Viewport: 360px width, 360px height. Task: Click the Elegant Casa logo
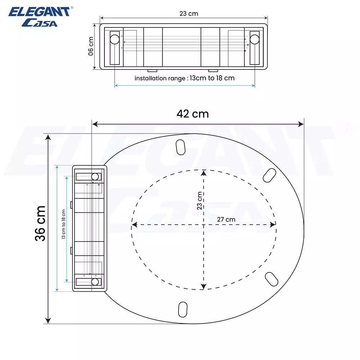(x=40, y=17)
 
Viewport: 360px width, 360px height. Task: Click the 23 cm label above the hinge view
(x=189, y=14)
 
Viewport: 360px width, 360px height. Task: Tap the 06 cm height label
(x=91, y=46)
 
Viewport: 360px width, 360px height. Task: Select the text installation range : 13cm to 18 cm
(x=184, y=78)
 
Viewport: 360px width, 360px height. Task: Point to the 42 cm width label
(x=193, y=114)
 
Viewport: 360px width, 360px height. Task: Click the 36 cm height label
(x=40, y=223)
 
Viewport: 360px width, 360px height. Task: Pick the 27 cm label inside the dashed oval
(x=226, y=219)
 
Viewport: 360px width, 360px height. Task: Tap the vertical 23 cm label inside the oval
(x=200, y=201)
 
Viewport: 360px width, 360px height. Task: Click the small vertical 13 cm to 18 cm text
(x=63, y=224)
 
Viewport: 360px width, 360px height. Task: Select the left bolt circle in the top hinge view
(x=114, y=39)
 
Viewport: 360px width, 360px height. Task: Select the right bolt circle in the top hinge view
(x=255, y=39)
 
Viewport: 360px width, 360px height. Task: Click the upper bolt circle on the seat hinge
(x=95, y=176)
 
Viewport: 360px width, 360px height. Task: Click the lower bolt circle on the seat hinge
(x=95, y=282)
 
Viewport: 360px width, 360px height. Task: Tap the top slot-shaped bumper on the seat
(x=180, y=147)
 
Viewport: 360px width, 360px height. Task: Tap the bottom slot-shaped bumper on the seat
(x=183, y=309)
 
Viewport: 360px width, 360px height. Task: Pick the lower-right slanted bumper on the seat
(x=271, y=279)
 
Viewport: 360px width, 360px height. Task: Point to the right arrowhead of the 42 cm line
(x=301, y=124)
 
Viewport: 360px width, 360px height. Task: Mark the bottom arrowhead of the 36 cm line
(x=48, y=320)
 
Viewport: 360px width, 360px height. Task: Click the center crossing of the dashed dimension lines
(x=204, y=225)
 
